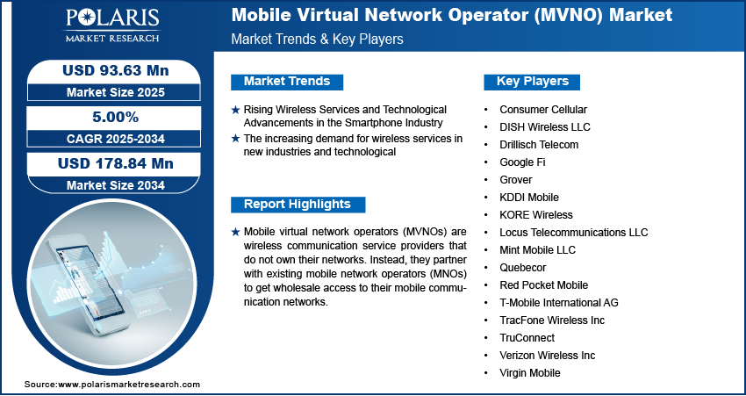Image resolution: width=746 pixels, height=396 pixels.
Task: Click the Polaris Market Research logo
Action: pyautogui.click(x=112, y=25)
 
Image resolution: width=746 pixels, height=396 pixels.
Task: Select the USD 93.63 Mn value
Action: pyautogui.click(x=116, y=70)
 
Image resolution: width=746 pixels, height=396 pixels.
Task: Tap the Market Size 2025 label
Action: pyautogui.click(x=116, y=92)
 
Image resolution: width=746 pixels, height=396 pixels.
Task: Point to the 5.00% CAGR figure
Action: pyautogui.click(x=115, y=117)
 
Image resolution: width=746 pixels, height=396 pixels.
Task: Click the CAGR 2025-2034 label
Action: pyautogui.click(x=115, y=139)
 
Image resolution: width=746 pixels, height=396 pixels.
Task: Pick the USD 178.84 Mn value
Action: pyautogui.click(x=116, y=163)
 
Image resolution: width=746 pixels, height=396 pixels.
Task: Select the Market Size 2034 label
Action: pyautogui.click(x=116, y=185)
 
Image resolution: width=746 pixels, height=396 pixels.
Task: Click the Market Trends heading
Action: pyautogui.click(x=287, y=82)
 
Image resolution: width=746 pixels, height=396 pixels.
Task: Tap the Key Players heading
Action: pyautogui.click(x=533, y=82)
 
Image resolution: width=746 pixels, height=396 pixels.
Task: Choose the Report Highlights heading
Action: pyautogui.click(x=298, y=205)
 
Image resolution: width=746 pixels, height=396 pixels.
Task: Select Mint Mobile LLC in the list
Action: pyautogui.click(x=538, y=250)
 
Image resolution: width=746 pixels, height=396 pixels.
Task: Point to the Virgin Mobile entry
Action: pyautogui.click(x=530, y=372)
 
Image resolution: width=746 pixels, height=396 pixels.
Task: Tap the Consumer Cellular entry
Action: pyautogui.click(x=543, y=110)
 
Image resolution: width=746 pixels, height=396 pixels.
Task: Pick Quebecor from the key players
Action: pyautogui.click(x=523, y=268)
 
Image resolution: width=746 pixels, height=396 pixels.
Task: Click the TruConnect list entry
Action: pyautogui.click(x=527, y=337)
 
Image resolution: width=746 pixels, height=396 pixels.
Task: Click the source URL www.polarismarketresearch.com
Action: pyautogui.click(x=129, y=385)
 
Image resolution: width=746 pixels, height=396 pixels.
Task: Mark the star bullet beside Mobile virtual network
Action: pyautogui.click(x=235, y=233)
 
